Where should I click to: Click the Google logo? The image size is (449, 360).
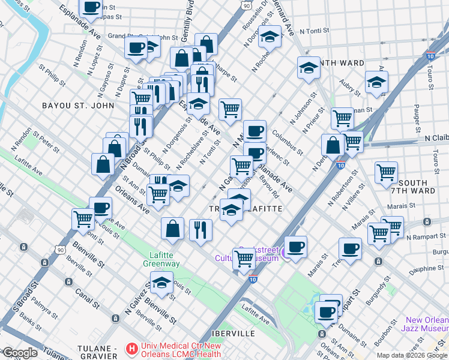click(20, 353)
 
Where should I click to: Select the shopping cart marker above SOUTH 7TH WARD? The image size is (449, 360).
click(386, 172)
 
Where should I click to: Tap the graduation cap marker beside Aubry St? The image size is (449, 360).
click(376, 82)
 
